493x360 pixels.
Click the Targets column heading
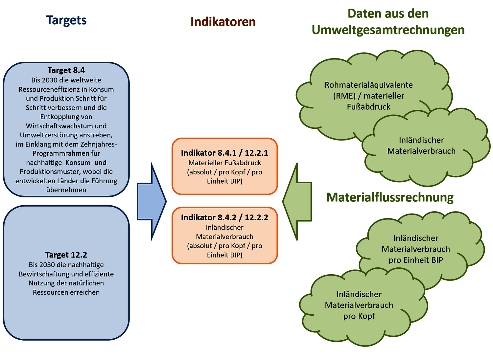click(x=66, y=20)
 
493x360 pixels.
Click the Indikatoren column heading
click(x=223, y=22)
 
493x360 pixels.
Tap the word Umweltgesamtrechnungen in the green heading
click(x=388, y=30)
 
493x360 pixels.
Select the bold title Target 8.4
click(x=66, y=70)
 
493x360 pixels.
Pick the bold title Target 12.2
click(x=66, y=255)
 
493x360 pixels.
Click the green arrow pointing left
click(x=297, y=201)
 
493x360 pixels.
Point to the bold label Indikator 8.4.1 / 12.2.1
click(x=224, y=153)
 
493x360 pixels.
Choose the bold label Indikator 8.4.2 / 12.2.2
click(x=224, y=217)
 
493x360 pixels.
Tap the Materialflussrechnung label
click(x=390, y=197)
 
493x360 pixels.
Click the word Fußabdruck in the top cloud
click(x=368, y=107)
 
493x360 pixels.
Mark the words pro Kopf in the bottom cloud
click(x=359, y=316)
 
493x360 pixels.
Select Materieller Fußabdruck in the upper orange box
click(x=224, y=163)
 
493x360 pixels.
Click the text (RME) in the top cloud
click(x=344, y=96)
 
